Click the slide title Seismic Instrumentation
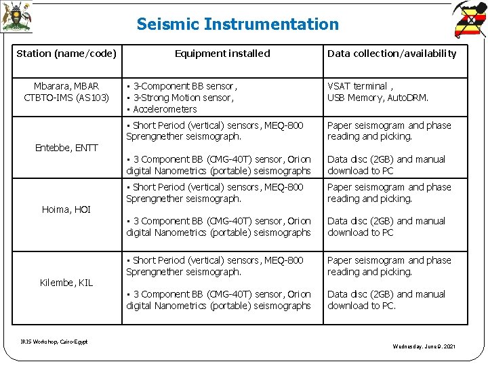point(237,24)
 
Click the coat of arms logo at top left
point(16,18)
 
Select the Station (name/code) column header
point(66,54)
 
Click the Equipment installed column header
point(222,54)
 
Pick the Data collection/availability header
point(392,54)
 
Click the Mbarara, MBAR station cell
point(66,86)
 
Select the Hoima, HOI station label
point(66,209)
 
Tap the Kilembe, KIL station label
point(66,283)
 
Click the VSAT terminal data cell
point(358,86)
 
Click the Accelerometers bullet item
point(165,109)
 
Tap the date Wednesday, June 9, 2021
point(424,347)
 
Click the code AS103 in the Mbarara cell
point(94,98)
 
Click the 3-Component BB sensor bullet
point(184,86)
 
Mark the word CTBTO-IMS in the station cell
point(49,98)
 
